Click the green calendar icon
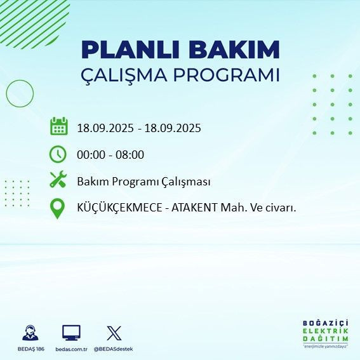pyautogui.click(x=58, y=126)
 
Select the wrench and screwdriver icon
pyautogui.click(x=58, y=181)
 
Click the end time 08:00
pyautogui.click(x=131, y=154)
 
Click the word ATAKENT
pyautogui.click(x=190, y=208)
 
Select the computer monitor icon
pyautogui.click(x=70, y=333)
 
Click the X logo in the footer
pyautogui.click(x=114, y=333)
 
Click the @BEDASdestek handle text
pyautogui.click(x=114, y=349)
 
